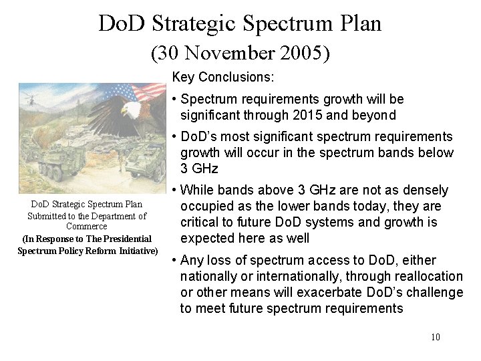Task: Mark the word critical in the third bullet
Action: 200,223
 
